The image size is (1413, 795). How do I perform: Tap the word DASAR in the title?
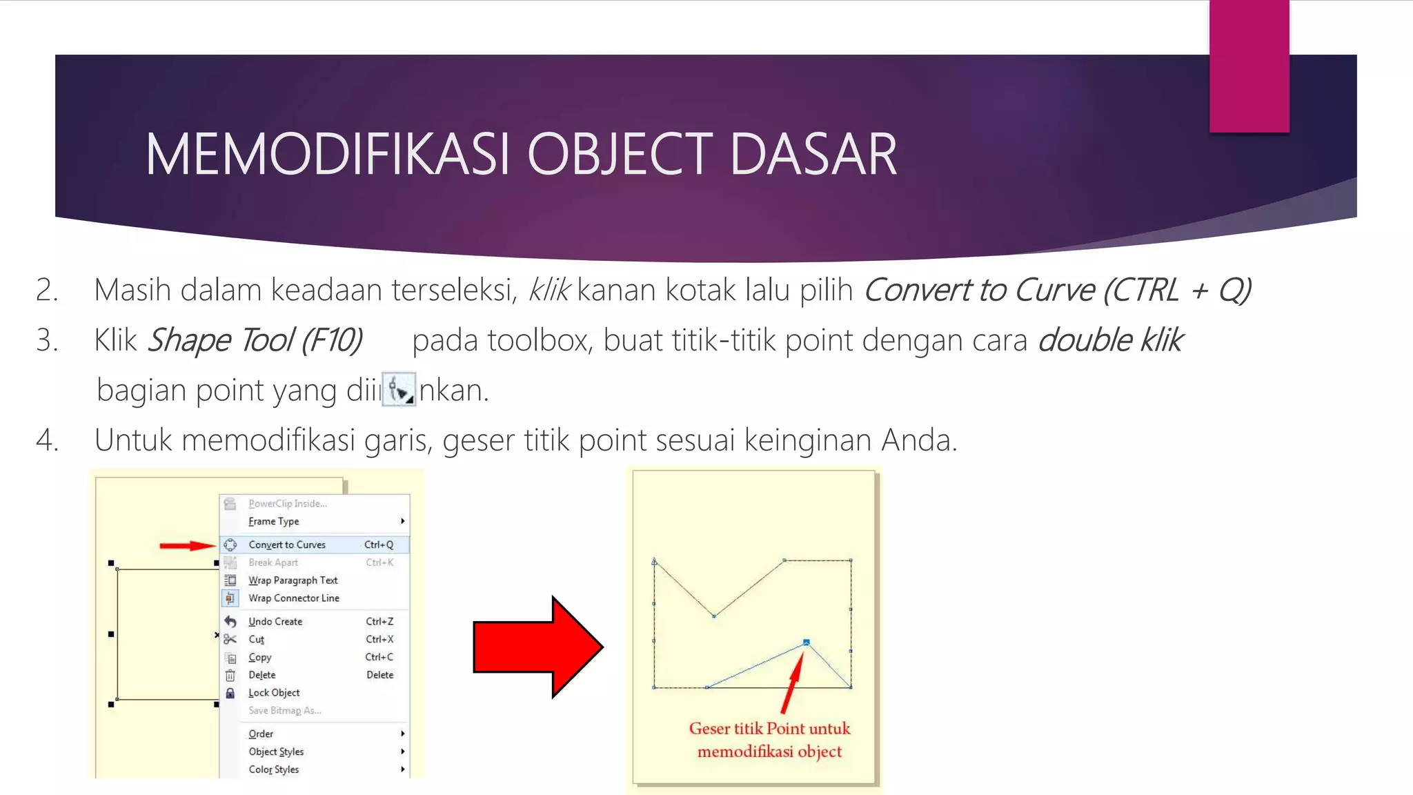pyautogui.click(x=813, y=155)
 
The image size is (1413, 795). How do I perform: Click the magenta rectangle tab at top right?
pyautogui.click(x=1249, y=66)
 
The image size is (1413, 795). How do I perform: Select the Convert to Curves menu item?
pyautogui.click(x=287, y=544)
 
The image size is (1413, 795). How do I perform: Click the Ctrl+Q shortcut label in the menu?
pyautogui.click(x=379, y=544)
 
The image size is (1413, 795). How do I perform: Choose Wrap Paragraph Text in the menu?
pyautogui.click(x=293, y=580)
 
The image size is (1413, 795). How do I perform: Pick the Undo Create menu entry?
pyautogui.click(x=275, y=621)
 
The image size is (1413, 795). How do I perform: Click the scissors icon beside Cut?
pyautogui.click(x=230, y=639)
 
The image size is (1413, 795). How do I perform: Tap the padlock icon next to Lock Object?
pyautogui.click(x=230, y=693)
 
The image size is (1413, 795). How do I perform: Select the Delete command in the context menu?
pyautogui.click(x=262, y=675)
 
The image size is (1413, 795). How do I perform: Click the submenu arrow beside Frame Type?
pyautogui.click(x=402, y=521)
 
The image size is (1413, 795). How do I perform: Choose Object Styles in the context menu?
pyautogui.click(x=276, y=752)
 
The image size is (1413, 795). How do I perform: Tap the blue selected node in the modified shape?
pyautogui.click(x=806, y=642)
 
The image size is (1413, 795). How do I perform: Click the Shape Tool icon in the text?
pyautogui.click(x=399, y=391)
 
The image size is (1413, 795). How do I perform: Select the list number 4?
pyautogui.click(x=47, y=440)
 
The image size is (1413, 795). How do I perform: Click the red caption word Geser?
pyautogui.click(x=709, y=729)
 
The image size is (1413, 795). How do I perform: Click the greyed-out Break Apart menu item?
pyautogui.click(x=273, y=562)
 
